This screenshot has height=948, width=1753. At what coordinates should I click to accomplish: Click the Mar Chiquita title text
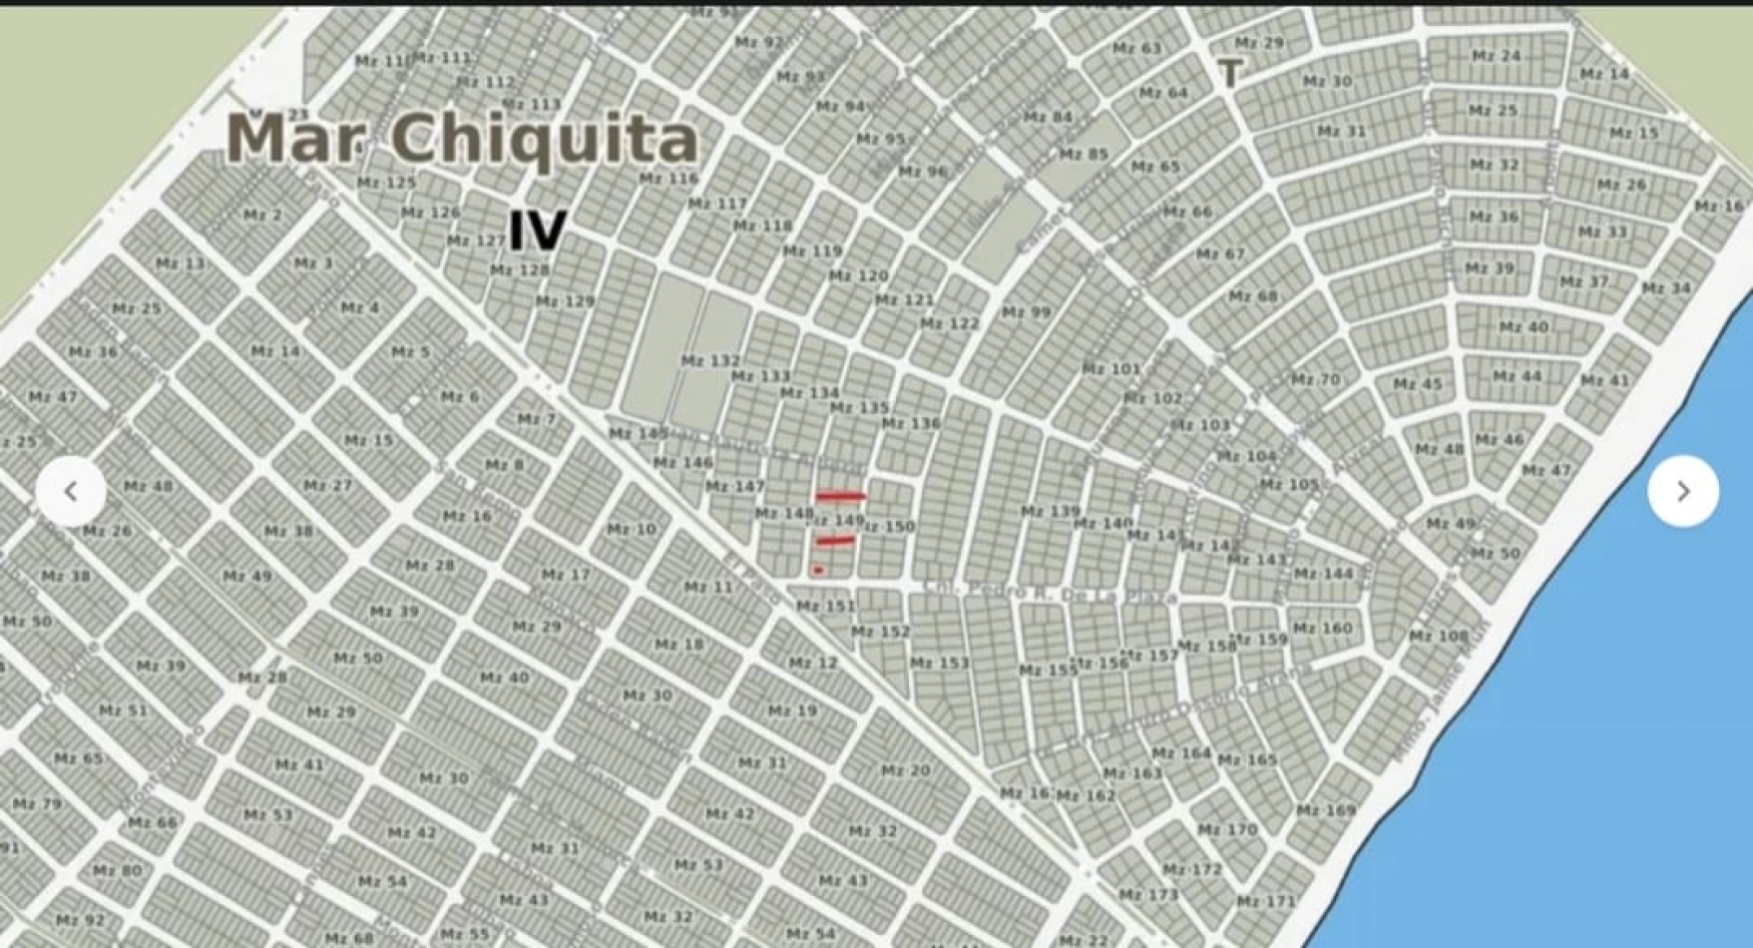pos(462,139)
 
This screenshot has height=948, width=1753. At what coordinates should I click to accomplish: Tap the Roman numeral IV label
pos(538,232)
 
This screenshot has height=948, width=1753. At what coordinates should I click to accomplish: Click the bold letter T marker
pos(1231,73)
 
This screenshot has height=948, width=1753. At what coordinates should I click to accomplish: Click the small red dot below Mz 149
pos(818,570)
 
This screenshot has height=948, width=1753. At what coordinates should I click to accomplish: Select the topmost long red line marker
pos(840,495)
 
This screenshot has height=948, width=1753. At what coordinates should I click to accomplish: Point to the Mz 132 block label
pos(710,360)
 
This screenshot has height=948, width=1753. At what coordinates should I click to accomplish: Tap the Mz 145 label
pos(639,433)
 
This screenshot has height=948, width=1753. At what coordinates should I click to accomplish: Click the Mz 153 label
pos(939,663)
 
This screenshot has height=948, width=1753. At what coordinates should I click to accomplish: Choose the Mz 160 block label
pos(1322,628)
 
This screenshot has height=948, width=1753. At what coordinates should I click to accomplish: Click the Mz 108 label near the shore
pos(1438,636)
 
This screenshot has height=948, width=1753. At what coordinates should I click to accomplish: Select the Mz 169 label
pos(1326,810)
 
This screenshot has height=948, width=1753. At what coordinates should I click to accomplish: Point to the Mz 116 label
pos(668,179)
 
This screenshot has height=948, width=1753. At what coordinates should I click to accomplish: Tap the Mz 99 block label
pos(1026,312)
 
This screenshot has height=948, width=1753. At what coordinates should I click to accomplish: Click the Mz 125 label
pos(386,183)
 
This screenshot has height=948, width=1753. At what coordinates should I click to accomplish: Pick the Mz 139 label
pos(1050,511)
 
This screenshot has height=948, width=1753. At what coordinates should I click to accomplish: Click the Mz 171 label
pos(1266,901)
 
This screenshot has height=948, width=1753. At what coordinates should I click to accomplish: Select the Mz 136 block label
pos(910,423)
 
